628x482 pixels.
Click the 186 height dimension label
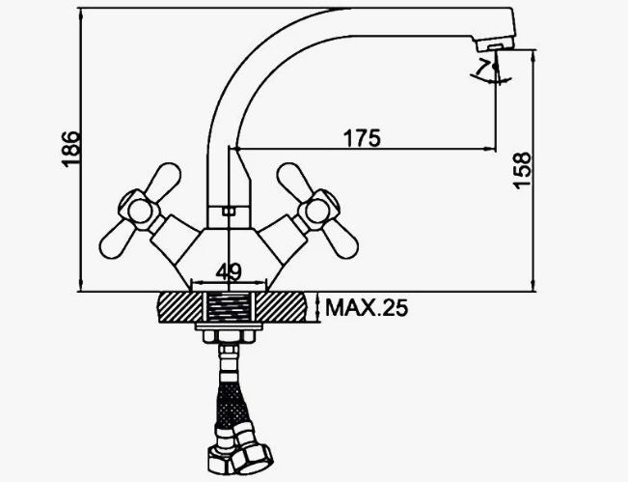pos(70,149)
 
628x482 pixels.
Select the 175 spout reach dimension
pos(362,138)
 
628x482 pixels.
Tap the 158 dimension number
pos(522,170)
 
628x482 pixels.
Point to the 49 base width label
pos(229,271)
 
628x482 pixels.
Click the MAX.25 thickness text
pos(367,308)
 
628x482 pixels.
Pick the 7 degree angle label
pos(483,67)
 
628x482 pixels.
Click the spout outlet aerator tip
pos(495,45)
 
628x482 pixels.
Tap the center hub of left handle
pos(139,211)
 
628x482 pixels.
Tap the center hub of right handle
pos(317,211)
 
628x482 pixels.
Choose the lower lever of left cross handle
pos(117,240)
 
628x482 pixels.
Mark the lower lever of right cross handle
pos(340,240)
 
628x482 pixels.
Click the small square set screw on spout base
pos(229,212)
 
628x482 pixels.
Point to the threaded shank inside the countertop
pos(229,307)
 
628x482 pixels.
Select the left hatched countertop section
pos(180,307)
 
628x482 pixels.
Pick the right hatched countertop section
pos(281,307)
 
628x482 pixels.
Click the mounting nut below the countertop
pos(229,336)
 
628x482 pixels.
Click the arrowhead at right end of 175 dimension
pos(490,149)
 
